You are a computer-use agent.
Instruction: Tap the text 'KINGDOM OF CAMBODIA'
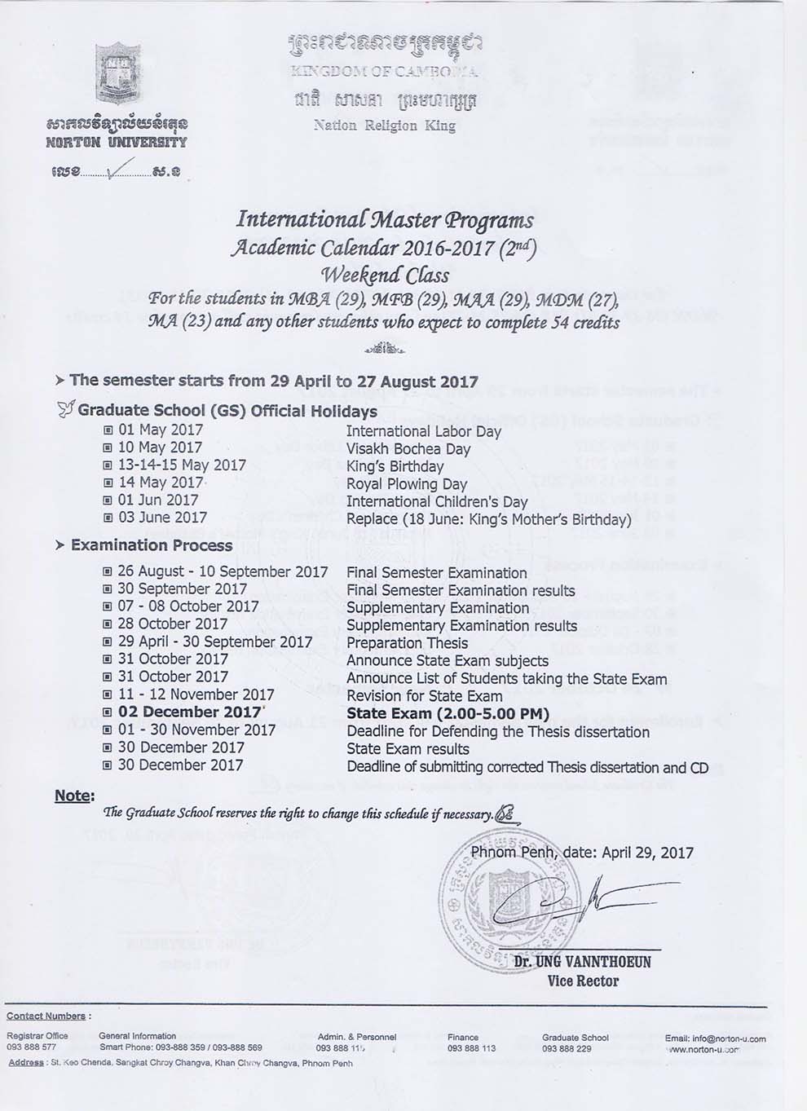pyautogui.click(x=383, y=72)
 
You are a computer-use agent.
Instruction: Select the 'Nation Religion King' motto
pyautogui.click(x=384, y=126)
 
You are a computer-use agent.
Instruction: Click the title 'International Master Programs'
pyautogui.click(x=385, y=220)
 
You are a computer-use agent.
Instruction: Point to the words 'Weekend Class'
pyautogui.click(x=385, y=275)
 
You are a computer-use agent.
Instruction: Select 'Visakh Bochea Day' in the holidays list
pyautogui.click(x=408, y=448)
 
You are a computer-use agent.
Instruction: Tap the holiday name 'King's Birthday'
pyautogui.click(x=395, y=466)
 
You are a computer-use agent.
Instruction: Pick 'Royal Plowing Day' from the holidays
pyautogui.click(x=406, y=484)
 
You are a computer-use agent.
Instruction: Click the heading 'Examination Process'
pyautogui.click(x=152, y=545)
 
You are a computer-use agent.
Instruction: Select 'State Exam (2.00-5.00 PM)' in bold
pyautogui.click(x=448, y=713)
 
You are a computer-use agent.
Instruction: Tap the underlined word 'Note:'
pyautogui.click(x=74, y=796)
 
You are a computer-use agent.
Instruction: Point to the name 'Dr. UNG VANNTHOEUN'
pyautogui.click(x=582, y=962)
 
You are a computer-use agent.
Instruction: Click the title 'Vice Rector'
pyautogui.click(x=583, y=981)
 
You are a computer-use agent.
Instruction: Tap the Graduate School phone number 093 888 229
pyautogui.click(x=567, y=1048)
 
